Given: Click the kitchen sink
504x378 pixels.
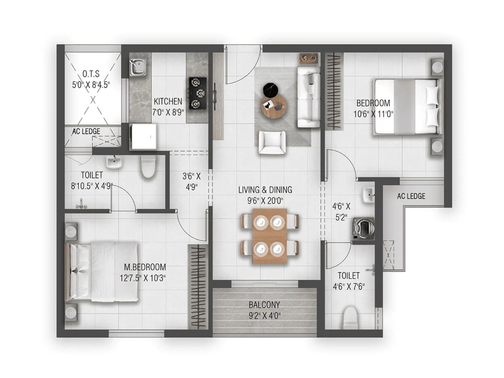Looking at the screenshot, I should [138, 67].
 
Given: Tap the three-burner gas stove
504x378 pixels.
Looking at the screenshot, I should [198, 93].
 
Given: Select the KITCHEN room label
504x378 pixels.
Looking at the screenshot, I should [168, 101].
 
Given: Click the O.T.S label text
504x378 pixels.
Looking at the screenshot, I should [91, 74].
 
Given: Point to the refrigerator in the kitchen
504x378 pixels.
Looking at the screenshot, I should [144, 136].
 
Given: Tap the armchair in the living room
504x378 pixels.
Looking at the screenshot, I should [272, 142].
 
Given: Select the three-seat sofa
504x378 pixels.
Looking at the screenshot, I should [309, 97].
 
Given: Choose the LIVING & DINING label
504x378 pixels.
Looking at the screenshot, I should [265, 190].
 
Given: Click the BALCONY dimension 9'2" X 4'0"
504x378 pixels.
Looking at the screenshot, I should [265, 315].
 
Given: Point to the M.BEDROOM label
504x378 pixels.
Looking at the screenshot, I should [145, 267].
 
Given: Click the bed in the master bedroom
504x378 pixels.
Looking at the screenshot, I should [103, 272].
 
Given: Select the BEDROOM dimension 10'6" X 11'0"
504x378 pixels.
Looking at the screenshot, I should [373, 114].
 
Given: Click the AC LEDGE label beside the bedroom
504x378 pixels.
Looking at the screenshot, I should [411, 196].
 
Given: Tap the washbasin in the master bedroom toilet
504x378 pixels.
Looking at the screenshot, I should [113, 162].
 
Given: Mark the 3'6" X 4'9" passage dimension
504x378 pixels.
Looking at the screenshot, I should [192, 181].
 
